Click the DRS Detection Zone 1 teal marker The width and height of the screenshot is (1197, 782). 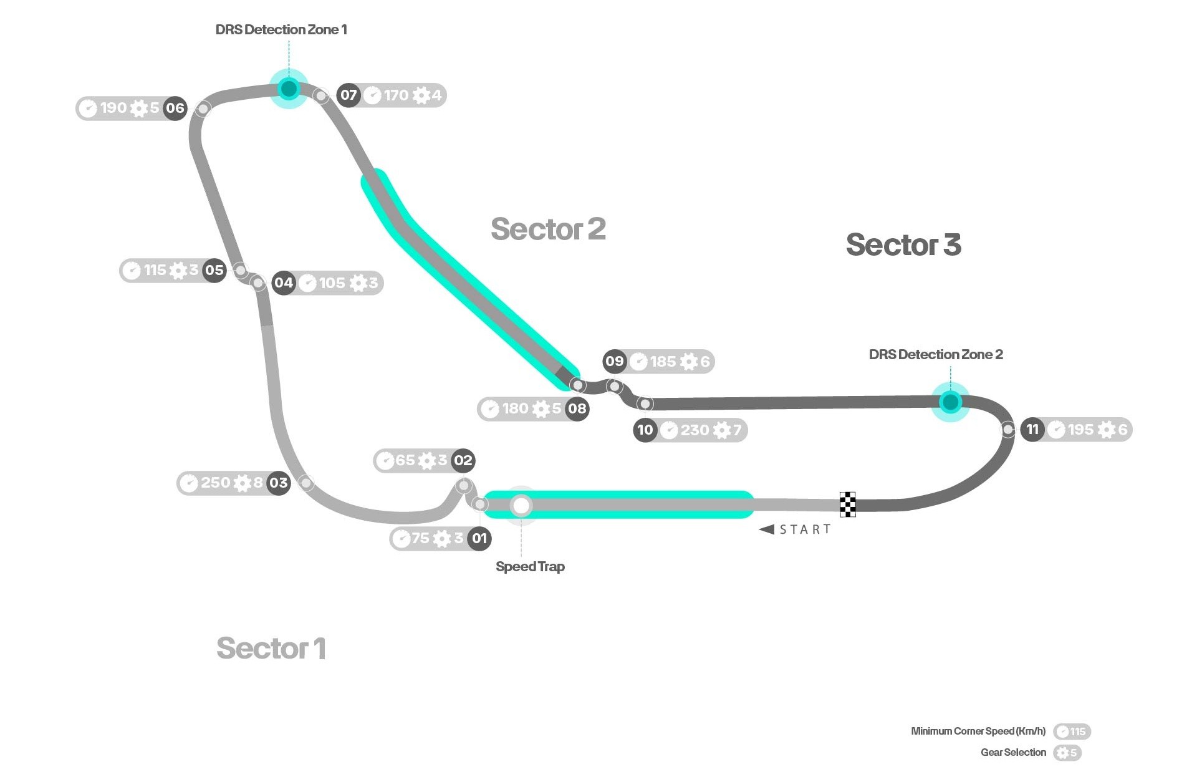coord(289,89)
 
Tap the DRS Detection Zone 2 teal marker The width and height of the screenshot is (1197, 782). coord(950,402)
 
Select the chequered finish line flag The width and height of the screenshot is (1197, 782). coord(847,504)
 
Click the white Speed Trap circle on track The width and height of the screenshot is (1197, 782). coord(521,505)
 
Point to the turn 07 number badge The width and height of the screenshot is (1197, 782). coord(349,95)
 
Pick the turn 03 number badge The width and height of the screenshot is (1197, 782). coord(279,483)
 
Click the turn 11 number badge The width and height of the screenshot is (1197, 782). coord(1032,429)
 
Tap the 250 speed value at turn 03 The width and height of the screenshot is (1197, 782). coord(216,483)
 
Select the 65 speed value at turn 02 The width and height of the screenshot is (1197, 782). coord(405,460)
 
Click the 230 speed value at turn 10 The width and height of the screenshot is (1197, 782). coord(695,430)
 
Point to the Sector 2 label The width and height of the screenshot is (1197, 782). coord(548,229)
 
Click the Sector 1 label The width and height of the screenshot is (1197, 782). coord(271,648)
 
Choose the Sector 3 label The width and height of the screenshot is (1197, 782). coord(903,244)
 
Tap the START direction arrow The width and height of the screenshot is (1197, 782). coord(767,529)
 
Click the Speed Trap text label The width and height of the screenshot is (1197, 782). coord(530,566)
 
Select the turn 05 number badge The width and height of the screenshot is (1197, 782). coord(214,270)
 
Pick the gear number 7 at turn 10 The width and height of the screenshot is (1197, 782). coord(737,430)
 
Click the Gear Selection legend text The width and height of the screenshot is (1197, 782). coord(1013,752)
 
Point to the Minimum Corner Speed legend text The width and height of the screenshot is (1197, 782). coord(978,731)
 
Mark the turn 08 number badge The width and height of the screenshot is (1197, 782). coord(577,408)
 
